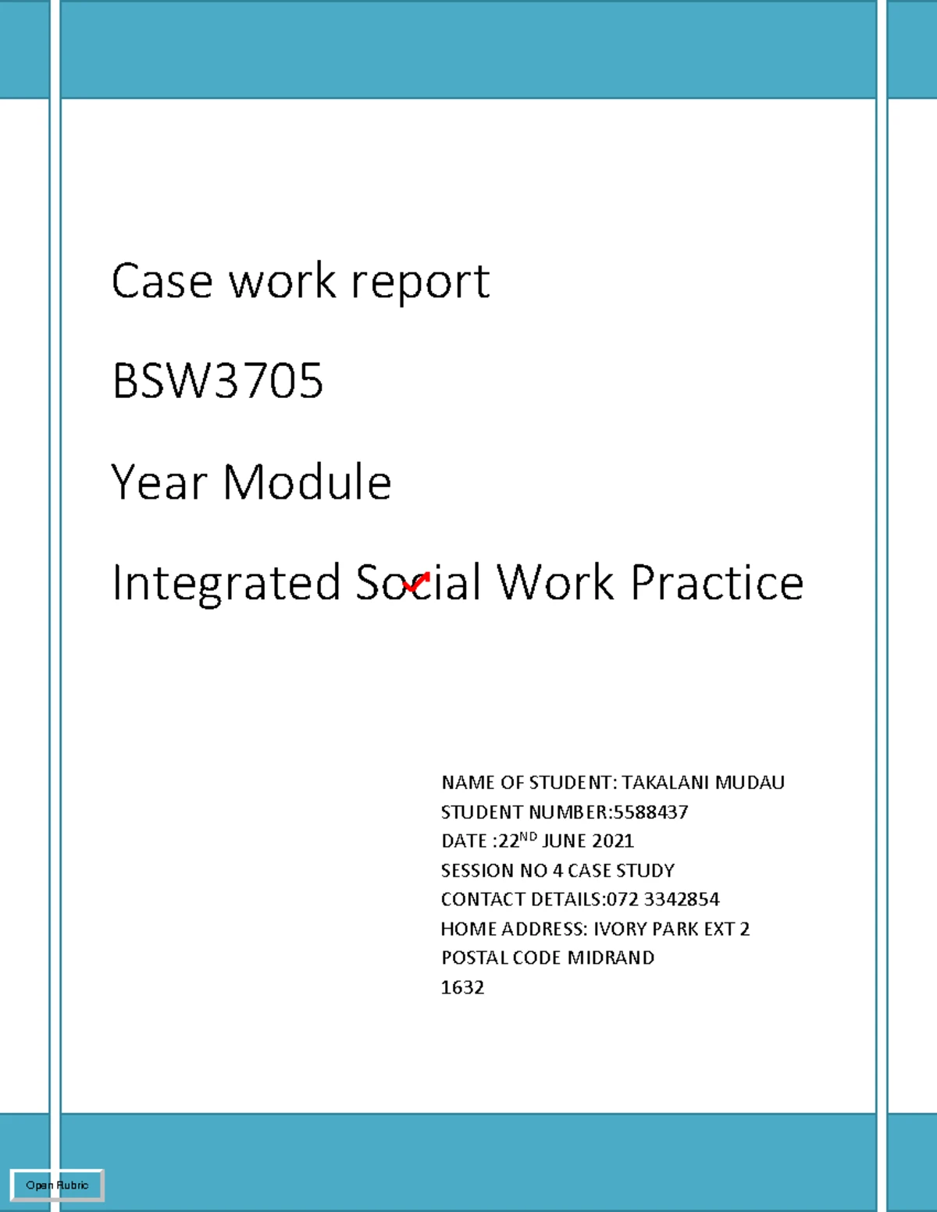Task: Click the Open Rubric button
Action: pos(57,1185)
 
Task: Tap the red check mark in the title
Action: pos(417,582)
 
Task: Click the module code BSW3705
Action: pos(217,381)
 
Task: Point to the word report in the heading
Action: pos(420,283)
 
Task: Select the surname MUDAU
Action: pos(750,783)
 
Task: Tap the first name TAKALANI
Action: pos(665,783)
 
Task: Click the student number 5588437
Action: pos(650,812)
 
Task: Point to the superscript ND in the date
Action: pos(528,837)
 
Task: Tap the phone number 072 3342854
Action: pos(663,899)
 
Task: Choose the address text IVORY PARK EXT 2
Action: pos(672,929)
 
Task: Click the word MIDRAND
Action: pos(611,958)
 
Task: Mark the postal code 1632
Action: pos(462,987)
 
